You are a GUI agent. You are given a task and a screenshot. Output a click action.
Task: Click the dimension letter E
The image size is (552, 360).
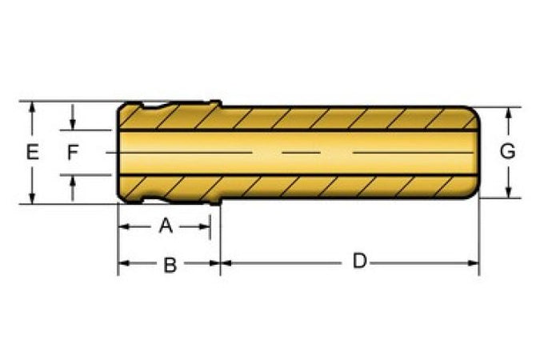point(32,152)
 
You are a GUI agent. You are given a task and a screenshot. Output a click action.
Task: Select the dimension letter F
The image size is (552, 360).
point(73,152)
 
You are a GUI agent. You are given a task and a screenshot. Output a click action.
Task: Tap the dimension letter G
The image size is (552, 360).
point(508,151)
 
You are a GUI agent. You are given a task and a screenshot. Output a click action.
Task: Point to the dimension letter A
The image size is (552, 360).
point(166,226)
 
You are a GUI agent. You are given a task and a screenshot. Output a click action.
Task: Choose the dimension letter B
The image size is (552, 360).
point(170,265)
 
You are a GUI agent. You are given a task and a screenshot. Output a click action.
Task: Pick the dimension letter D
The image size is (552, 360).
point(360,261)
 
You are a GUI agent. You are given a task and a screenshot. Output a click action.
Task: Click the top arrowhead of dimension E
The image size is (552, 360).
point(32,107)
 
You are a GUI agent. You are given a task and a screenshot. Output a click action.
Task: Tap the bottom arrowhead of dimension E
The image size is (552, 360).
point(32,198)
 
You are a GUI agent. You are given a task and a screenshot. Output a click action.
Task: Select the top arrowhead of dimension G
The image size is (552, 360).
point(508,114)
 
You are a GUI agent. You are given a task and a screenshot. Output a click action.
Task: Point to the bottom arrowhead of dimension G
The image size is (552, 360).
point(508,192)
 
